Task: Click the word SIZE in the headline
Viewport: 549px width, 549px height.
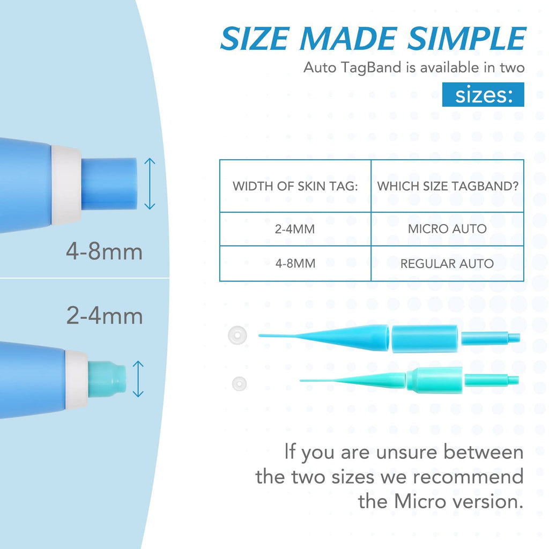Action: (256, 39)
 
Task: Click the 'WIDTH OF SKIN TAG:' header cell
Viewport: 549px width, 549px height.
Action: (295, 187)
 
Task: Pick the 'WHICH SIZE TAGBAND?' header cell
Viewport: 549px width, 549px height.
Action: (447, 187)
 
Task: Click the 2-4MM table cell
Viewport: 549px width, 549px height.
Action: (295, 229)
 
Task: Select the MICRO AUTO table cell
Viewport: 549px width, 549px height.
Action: (447, 229)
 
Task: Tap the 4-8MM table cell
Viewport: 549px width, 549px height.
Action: (295, 263)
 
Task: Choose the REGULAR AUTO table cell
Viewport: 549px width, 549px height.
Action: (447, 263)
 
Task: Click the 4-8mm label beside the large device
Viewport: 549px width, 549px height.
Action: (105, 251)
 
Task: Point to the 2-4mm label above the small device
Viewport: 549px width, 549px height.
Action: (105, 316)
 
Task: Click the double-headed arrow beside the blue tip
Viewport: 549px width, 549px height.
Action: (150, 183)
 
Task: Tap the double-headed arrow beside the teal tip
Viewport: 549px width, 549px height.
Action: (138, 379)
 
